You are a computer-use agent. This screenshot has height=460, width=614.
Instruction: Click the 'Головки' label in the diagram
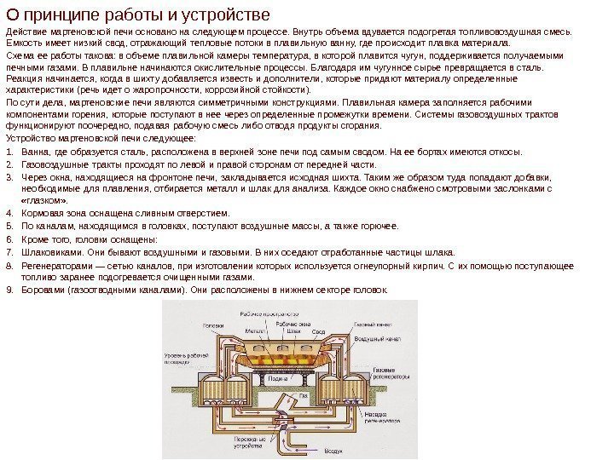213,325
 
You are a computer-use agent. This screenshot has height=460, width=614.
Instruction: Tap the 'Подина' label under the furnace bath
275,378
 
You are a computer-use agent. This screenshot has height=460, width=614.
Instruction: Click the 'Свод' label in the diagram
317,331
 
